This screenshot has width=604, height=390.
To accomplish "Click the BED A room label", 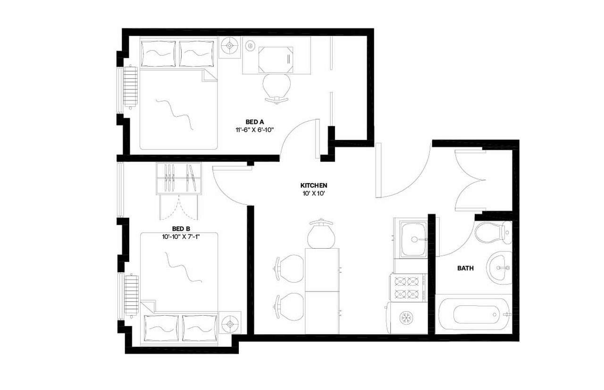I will pos(255,122).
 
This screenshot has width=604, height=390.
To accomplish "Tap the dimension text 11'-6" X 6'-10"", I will pos(255,130).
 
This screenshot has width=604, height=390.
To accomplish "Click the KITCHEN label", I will pos(314,186).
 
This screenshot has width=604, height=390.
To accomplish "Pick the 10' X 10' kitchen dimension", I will pos(314,194).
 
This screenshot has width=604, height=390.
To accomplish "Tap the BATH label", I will pos(466,268).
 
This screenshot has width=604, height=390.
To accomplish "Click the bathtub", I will pos(473,314).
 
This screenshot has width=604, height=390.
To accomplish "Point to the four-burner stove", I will pos(407,288).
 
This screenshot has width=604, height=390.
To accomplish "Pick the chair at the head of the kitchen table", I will pos(321,233).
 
